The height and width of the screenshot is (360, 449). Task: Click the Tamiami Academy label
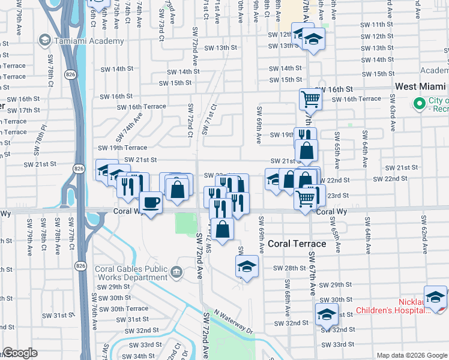click(x=89, y=41)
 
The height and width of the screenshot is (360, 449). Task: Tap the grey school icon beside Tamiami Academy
click(x=44, y=41)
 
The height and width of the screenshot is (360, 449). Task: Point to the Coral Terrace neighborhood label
click(x=297, y=244)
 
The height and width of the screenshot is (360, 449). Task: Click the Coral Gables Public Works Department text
click(x=131, y=273)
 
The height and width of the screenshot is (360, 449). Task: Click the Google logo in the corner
click(x=20, y=353)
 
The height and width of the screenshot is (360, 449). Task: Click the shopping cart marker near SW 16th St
click(x=310, y=98)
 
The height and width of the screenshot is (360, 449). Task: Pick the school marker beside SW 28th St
click(x=246, y=266)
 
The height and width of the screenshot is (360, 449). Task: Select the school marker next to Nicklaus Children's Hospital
click(x=435, y=296)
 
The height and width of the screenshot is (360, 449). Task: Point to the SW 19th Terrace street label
click(x=123, y=148)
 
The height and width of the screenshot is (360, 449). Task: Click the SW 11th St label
click(x=378, y=25)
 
